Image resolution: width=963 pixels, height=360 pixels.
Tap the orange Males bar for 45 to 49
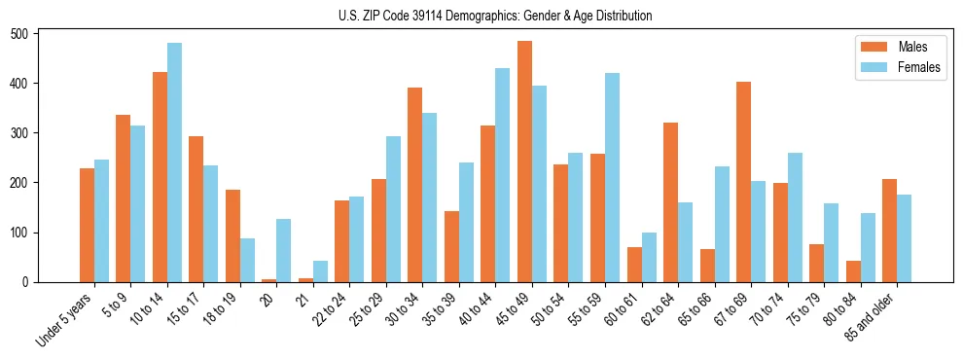[524, 162]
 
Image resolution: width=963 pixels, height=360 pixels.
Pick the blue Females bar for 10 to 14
[174, 162]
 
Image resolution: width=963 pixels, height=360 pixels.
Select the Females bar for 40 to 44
[503, 175]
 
